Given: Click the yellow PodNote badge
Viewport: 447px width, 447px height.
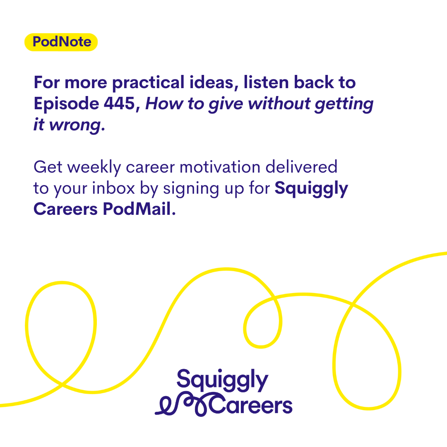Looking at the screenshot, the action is pyautogui.click(x=61, y=42).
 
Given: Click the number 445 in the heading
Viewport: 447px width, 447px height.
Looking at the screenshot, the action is pyautogui.click(x=119, y=103).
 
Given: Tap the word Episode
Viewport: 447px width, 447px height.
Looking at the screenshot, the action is pyautogui.click(x=66, y=104).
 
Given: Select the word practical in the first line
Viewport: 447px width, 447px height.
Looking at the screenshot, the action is pyautogui.click(x=148, y=83).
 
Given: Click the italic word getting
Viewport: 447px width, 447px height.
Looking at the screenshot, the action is pyautogui.click(x=344, y=104).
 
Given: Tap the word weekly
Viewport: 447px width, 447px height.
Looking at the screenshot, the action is pyautogui.click(x=94, y=167).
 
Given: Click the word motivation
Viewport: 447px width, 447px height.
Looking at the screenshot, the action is pyautogui.click(x=220, y=167).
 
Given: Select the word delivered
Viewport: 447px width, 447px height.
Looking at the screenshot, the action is pyautogui.click(x=301, y=167).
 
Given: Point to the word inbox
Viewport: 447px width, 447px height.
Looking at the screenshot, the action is pyautogui.click(x=113, y=188).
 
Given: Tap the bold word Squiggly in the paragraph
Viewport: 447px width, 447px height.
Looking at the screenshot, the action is pyautogui.click(x=311, y=189).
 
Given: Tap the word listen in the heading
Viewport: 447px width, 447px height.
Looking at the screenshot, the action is pyautogui.click(x=266, y=82).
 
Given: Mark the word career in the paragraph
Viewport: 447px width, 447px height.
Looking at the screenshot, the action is pyautogui.click(x=150, y=168).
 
